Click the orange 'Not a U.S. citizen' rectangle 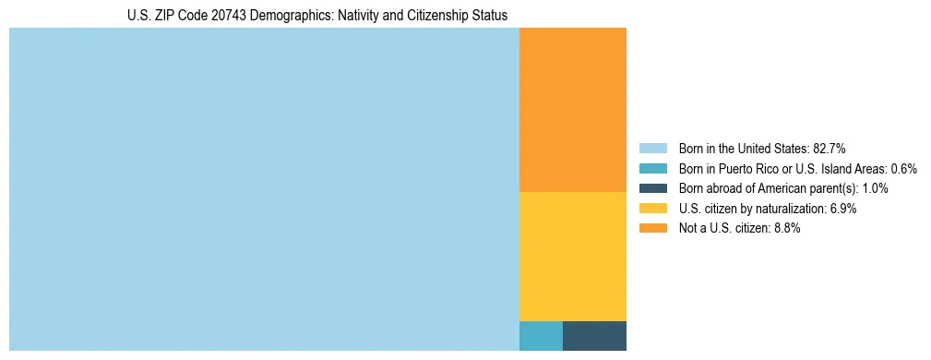tap(573, 110)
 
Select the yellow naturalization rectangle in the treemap tap(573, 256)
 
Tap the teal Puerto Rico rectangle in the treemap tap(541, 335)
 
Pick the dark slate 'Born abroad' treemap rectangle tap(594, 335)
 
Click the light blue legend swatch tap(652, 149)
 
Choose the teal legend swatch tap(652, 169)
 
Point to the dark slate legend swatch tap(652, 188)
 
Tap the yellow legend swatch tap(652, 209)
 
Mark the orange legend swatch tap(652, 228)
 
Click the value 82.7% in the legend tap(829, 149)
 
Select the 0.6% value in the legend tap(903, 169)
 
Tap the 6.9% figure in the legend tap(842, 209)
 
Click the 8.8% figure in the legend tap(786, 228)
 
